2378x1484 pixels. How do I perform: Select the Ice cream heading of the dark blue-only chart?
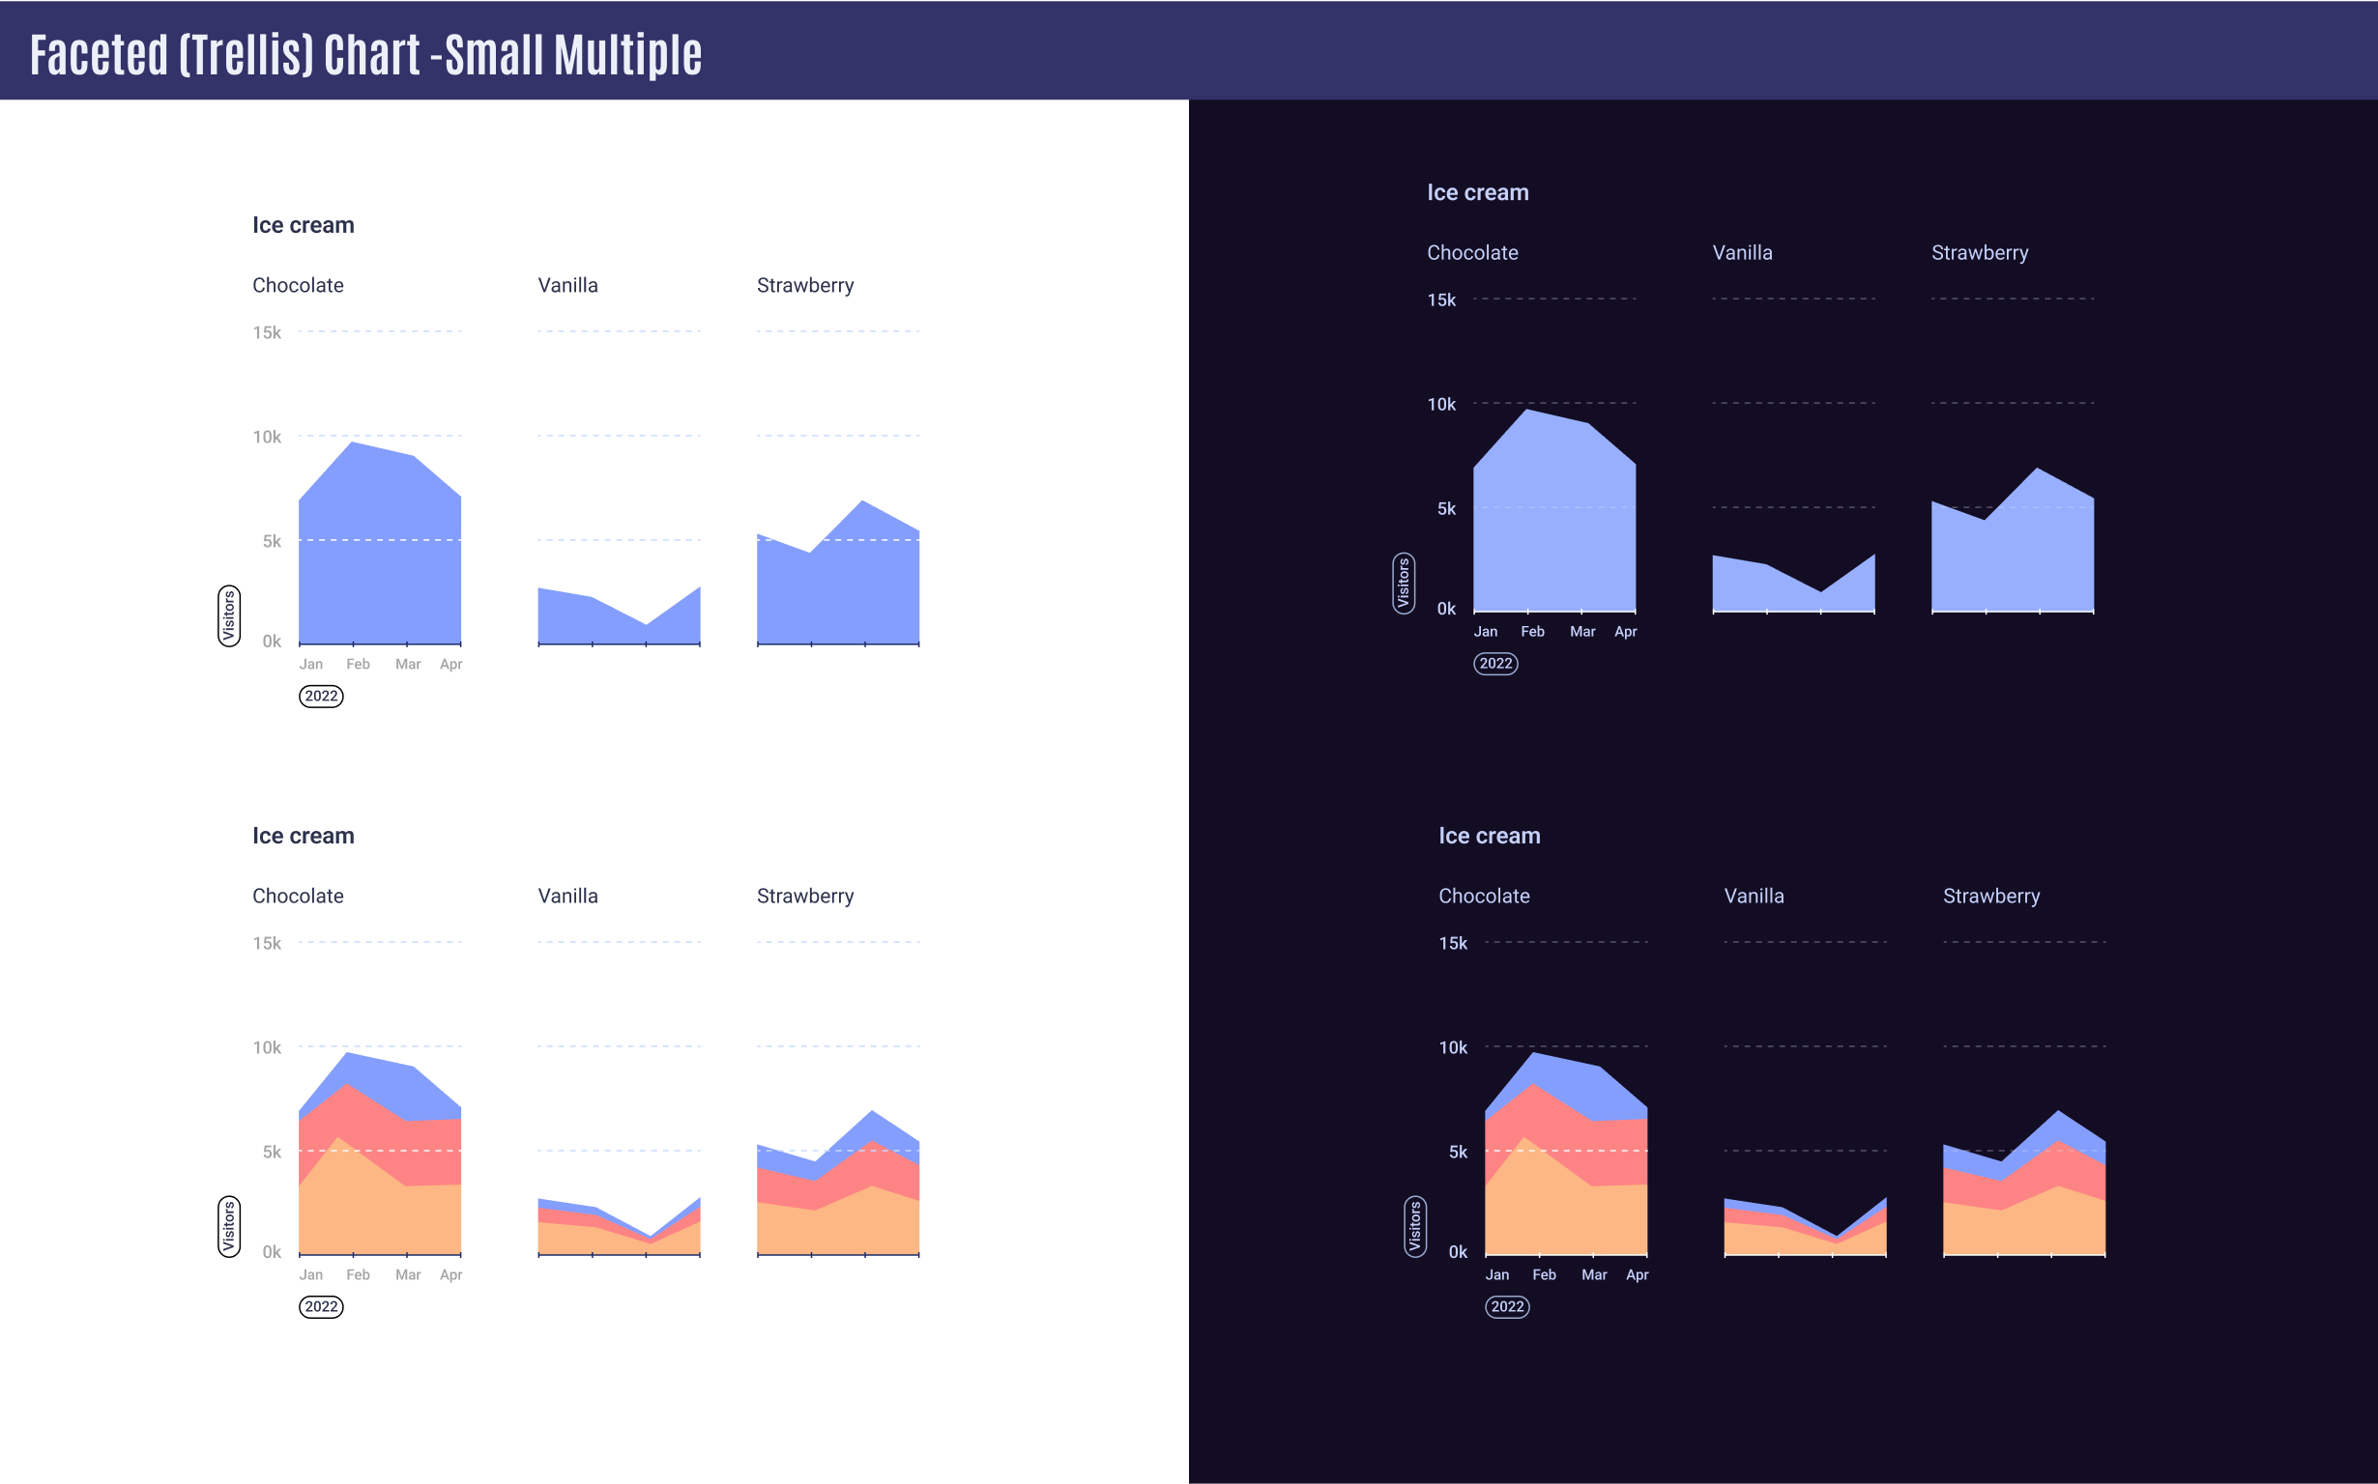point(1478,192)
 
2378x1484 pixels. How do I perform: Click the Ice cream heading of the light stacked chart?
point(304,836)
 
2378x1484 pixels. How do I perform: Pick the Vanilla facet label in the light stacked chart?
point(567,895)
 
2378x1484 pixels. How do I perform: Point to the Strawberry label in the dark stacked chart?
point(1991,895)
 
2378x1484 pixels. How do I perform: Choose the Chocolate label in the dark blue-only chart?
point(1472,252)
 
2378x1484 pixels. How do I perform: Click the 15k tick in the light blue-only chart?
point(267,332)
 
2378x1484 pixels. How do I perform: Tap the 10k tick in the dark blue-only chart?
point(1441,405)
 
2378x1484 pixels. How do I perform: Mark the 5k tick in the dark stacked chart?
point(1458,1153)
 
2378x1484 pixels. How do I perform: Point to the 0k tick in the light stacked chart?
point(271,1251)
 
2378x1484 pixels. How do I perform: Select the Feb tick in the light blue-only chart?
point(358,665)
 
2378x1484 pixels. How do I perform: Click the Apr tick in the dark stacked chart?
point(1637,1274)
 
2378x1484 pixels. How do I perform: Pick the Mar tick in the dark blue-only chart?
point(1581,631)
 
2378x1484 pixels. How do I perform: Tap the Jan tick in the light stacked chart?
point(310,1274)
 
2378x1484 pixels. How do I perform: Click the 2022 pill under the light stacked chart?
point(321,1306)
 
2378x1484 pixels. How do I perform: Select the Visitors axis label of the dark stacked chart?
point(1415,1227)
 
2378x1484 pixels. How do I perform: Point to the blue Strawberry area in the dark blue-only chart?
point(2013,559)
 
